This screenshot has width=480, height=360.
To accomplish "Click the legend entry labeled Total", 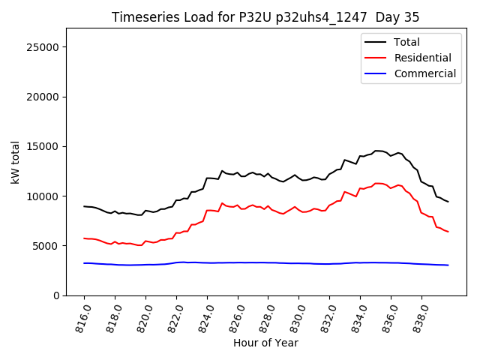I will [407, 42].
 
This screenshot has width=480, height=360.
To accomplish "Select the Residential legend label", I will [423, 58].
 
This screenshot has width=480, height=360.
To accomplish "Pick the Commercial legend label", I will [425, 73].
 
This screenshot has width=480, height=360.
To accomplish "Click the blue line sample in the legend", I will [375, 73].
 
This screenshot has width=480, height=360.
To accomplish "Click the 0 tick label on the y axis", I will [56, 295].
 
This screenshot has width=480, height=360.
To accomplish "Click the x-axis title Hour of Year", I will [265, 343].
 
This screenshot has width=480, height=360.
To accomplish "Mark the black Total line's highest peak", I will [377, 151].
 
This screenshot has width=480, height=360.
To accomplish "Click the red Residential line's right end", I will [448, 232].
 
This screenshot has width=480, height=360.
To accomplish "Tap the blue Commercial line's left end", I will [84, 263].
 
